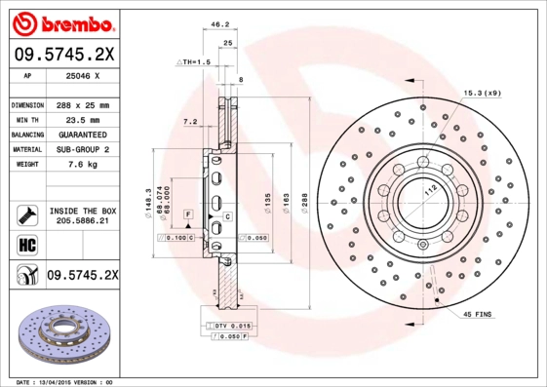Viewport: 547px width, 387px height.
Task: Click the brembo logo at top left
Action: pyautogui.click(x=59, y=21)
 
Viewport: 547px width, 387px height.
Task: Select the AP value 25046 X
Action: pyautogui.click(x=82, y=75)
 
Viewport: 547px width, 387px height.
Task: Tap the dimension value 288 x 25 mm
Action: pyautogui.click(x=82, y=104)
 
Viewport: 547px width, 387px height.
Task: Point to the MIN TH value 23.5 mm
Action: pyautogui.click(x=82, y=119)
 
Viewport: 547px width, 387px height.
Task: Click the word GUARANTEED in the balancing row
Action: pyautogui.click(x=82, y=134)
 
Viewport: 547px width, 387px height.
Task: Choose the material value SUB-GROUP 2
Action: pyautogui.click(x=82, y=149)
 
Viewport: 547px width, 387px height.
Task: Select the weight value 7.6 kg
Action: pyautogui.click(x=82, y=165)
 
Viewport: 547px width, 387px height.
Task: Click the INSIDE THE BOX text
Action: pyautogui.click(x=82, y=211)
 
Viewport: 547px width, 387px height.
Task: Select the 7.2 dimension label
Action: pyautogui.click(x=190, y=122)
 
